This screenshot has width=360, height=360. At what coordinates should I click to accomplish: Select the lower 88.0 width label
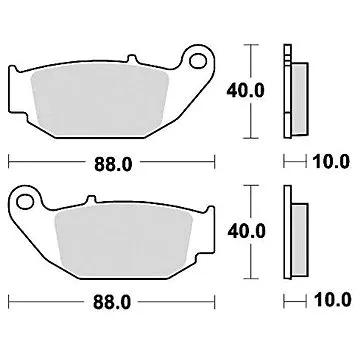pyautogui.click(x=110, y=297)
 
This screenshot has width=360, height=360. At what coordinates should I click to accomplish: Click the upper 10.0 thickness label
pyautogui.click(x=331, y=161)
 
